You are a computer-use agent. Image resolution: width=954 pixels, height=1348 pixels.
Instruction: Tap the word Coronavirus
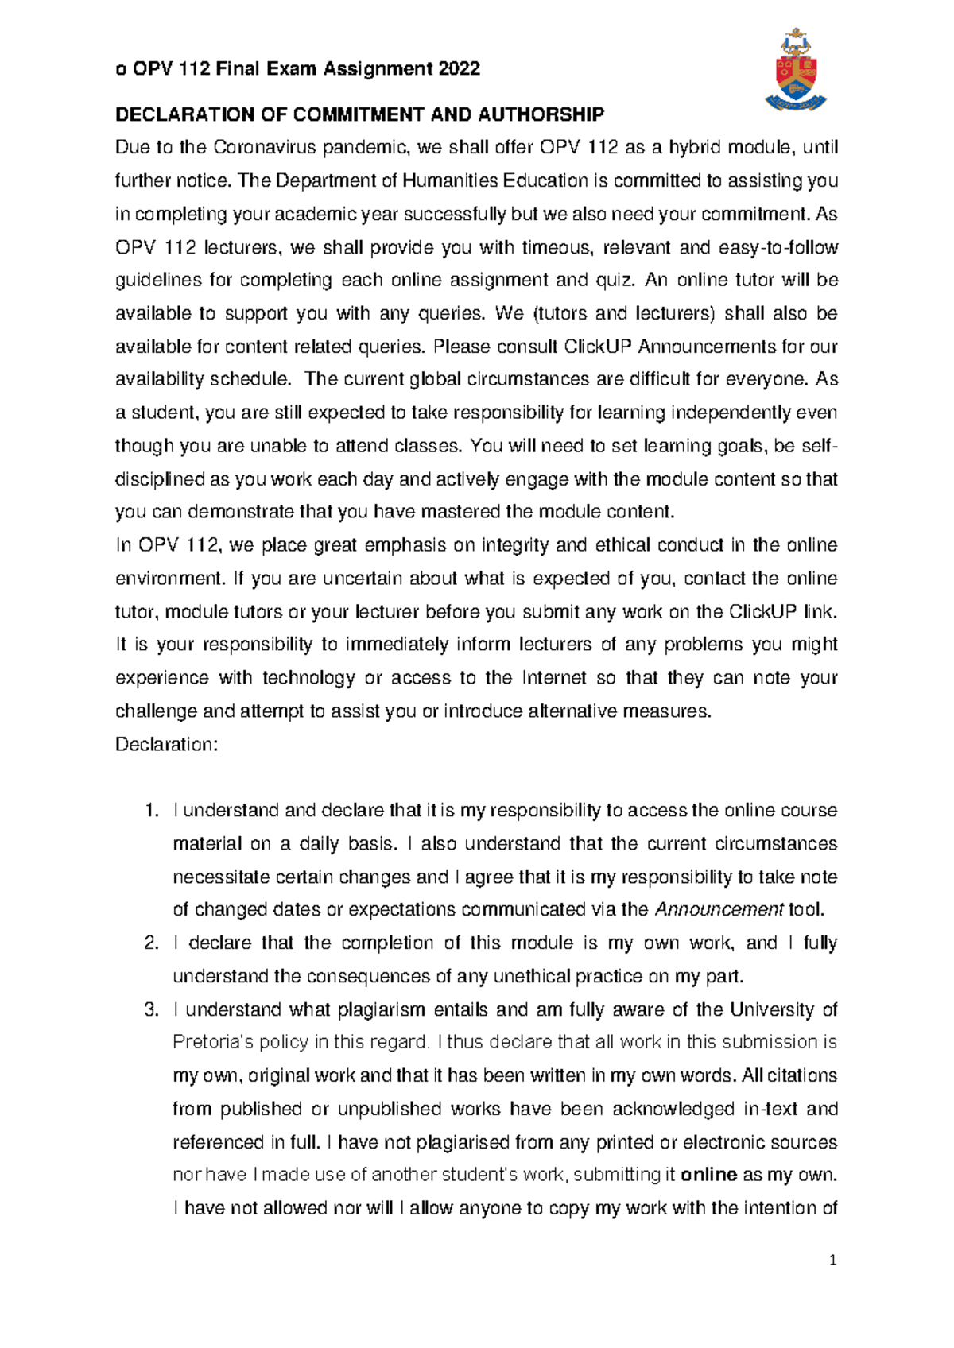tap(254, 148)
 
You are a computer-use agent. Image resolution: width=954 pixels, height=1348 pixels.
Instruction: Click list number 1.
tap(152, 811)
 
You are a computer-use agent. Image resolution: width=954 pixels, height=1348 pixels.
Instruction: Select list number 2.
tap(152, 943)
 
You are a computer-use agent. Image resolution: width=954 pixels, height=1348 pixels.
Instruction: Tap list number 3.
tap(152, 1010)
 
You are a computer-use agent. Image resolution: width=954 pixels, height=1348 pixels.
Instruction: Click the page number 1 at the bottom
tap(832, 1261)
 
